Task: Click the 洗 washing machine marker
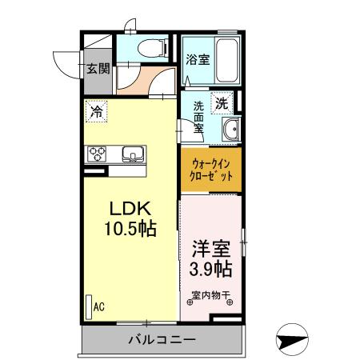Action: point(222,102)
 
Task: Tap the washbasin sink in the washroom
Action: point(232,130)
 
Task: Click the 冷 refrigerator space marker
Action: point(96,113)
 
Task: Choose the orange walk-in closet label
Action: point(210,170)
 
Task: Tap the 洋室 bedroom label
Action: point(211,246)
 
